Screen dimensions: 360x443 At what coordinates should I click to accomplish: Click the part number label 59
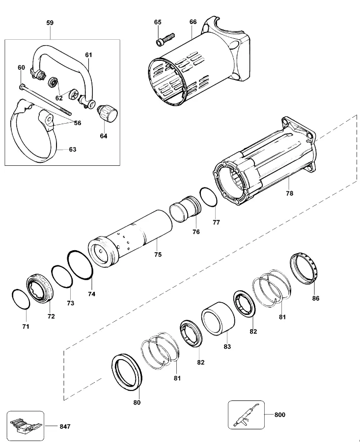pyautogui.click(x=50, y=23)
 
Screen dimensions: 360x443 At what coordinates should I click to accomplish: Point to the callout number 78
pyautogui.click(x=290, y=193)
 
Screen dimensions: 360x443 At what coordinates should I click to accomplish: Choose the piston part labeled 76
pyautogui.click(x=185, y=209)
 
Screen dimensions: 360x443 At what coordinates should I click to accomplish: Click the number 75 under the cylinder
pyautogui.click(x=158, y=255)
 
